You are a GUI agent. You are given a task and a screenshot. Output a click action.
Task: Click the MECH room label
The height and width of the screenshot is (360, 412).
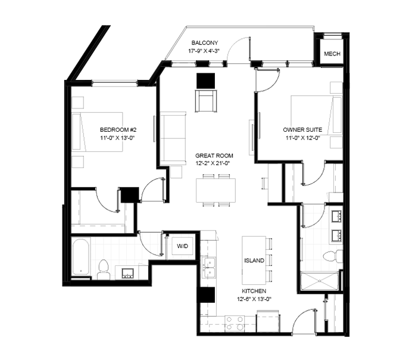pos(332,54)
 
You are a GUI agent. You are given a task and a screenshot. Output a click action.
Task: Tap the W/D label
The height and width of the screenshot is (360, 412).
pos(182,246)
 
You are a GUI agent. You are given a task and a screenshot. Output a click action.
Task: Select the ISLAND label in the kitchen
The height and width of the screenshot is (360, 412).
pos(254,260)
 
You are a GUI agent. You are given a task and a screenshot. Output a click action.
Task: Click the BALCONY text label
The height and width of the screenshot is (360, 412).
pos(205,42)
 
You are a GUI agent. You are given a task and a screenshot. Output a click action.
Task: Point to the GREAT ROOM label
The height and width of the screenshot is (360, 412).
pos(214,156)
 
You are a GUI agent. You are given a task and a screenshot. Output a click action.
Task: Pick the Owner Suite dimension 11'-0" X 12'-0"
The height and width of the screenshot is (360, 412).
pos(302,138)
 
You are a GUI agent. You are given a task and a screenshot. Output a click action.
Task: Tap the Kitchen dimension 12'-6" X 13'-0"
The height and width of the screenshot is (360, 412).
pos(254,299)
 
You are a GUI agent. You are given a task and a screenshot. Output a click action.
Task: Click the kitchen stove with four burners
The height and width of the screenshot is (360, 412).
pos(235,323)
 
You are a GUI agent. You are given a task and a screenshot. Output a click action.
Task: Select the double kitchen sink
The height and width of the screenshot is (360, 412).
pos(208,268)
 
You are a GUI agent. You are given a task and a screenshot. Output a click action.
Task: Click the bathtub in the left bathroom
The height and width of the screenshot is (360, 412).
pos(81,256)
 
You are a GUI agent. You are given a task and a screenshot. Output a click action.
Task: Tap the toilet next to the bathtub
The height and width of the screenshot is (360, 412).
pos(103,269)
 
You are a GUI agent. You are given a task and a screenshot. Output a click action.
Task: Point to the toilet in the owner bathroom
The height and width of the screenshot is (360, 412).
pos(333,257)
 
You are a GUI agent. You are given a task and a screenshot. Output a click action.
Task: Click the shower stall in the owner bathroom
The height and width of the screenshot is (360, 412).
pos(320,281)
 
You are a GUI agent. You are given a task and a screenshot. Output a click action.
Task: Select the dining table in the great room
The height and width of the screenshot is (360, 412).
pos(216,190)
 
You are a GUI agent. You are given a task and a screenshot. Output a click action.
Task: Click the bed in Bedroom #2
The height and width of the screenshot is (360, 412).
pos(97,132)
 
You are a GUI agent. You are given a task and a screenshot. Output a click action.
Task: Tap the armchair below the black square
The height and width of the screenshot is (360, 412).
pos(206,101)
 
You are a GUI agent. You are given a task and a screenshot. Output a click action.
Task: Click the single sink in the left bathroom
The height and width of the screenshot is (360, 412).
pos(127,274)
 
